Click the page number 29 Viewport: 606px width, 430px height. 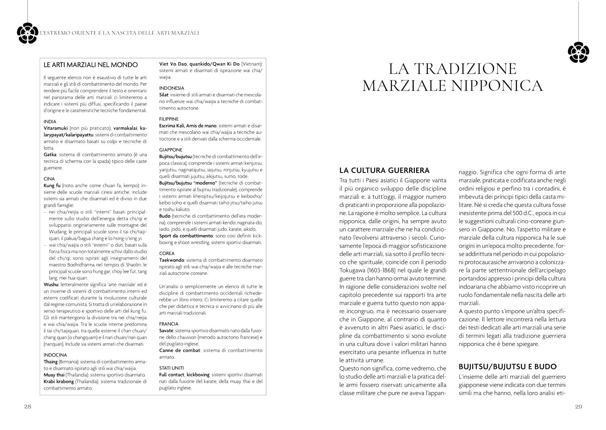point(578,407)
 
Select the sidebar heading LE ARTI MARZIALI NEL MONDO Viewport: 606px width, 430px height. point(90,65)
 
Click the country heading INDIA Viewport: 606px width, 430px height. point(50,121)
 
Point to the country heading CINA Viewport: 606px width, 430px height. point(49,179)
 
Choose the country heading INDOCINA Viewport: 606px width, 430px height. point(55,355)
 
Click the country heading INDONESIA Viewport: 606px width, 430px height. point(172,88)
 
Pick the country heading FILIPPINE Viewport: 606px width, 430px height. point(169,119)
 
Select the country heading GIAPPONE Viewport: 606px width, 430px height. point(170,150)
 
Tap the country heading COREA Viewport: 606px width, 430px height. point(167,253)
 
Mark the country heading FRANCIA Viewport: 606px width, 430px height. point(169,324)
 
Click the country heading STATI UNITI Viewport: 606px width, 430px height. point(171,368)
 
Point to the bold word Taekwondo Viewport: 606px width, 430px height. point(172,260)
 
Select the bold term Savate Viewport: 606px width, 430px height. point(166,331)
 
